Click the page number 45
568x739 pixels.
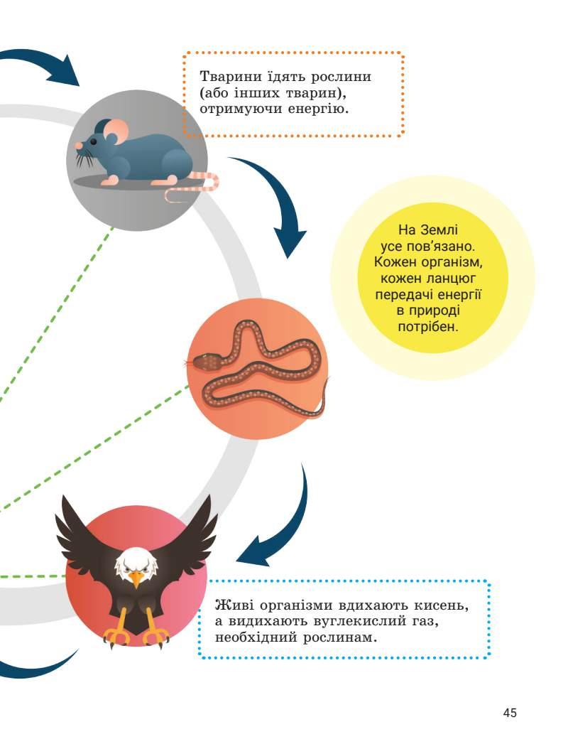(509, 713)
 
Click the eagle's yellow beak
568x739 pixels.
(136, 579)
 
